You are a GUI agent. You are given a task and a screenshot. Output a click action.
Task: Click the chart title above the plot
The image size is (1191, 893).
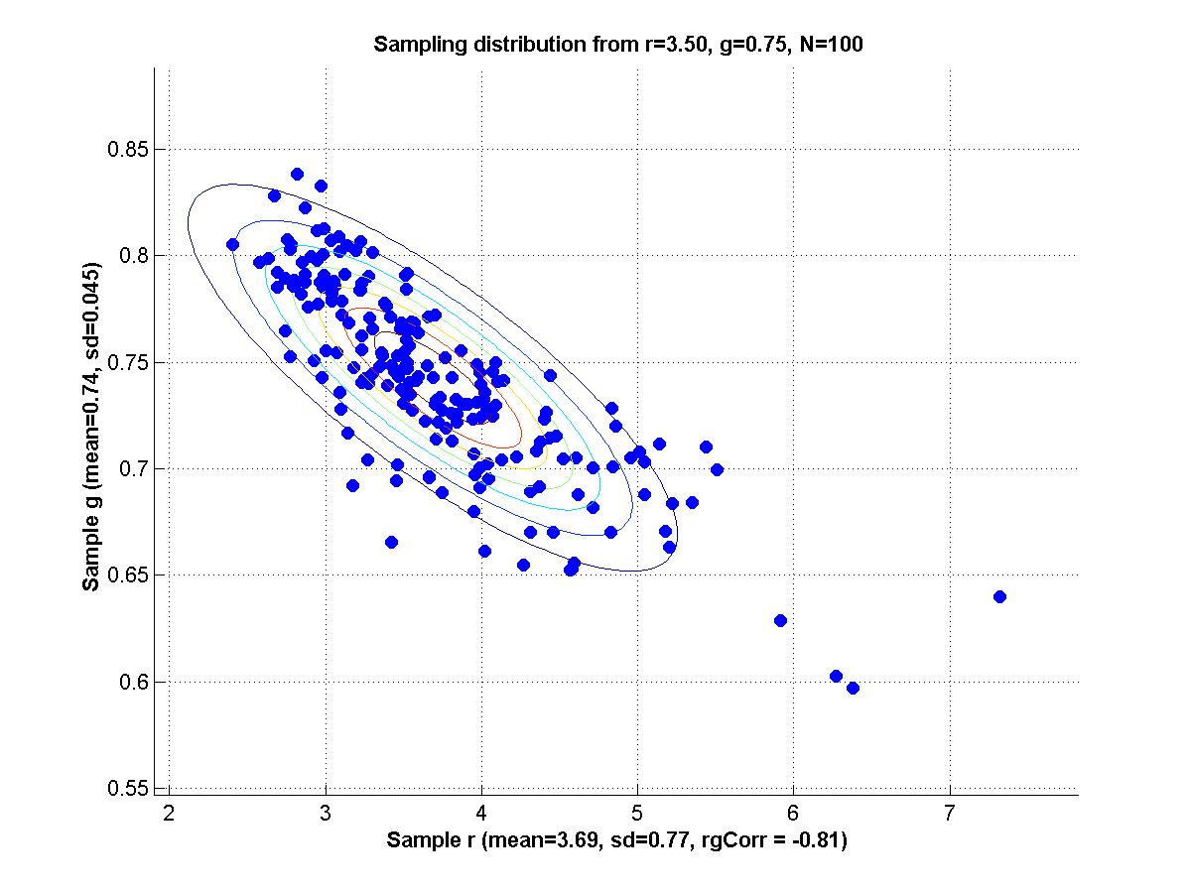point(618,44)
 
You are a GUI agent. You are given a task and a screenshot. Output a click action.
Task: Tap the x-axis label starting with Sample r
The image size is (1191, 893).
point(616,839)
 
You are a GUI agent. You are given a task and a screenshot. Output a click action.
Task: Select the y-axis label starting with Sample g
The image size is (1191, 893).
point(91,427)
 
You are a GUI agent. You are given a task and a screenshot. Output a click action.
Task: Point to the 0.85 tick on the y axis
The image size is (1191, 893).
point(127,149)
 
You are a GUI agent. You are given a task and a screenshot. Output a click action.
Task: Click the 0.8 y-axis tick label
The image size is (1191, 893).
point(133,255)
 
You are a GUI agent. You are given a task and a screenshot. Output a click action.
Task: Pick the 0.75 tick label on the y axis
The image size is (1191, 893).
point(127,362)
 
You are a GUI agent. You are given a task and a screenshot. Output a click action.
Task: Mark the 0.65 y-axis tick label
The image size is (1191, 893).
point(127,574)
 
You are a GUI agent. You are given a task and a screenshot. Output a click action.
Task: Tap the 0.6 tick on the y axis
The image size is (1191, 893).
point(133,682)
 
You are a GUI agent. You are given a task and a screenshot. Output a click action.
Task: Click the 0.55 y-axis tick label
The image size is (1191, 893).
point(127,788)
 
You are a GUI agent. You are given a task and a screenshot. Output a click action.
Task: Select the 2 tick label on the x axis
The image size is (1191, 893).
point(169,814)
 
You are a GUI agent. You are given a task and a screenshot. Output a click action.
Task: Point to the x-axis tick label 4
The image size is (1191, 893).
point(481,814)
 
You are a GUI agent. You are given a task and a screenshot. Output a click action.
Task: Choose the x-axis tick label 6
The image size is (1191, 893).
point(793,814)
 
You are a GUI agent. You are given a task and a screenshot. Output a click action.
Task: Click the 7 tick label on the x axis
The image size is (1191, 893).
point(949,814)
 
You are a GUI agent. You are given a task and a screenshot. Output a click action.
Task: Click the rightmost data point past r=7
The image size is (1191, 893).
point(999,597)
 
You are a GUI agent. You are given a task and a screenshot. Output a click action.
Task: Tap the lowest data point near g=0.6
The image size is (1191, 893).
point(853,688)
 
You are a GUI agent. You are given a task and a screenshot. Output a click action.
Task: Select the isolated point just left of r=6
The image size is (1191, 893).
point(780,620)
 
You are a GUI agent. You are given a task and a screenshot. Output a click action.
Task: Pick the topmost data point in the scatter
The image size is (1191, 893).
point(297,174)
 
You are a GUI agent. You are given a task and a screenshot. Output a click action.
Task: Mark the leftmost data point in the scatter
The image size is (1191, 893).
point(232,244)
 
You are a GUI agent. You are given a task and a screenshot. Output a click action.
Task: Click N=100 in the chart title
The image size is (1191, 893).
point(832,44)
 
